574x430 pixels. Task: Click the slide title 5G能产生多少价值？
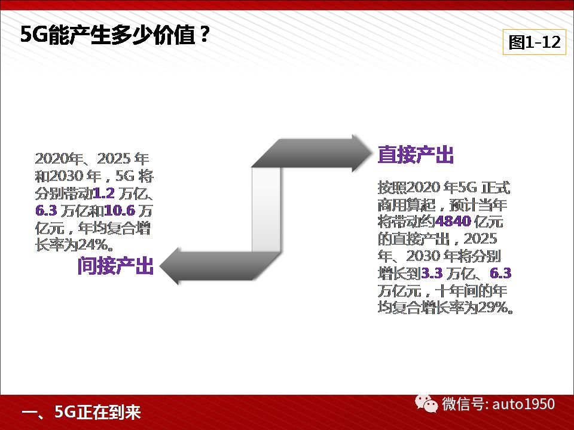(115, 35)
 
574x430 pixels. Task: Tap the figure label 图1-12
(535, 42)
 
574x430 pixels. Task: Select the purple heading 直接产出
(416, 154)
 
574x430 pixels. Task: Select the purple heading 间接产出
(115, 265)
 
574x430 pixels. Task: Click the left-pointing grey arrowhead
(170, 266)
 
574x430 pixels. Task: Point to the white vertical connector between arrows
(266, 210)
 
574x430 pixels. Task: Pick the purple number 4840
(453, 221)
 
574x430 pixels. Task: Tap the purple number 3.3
(432, 273)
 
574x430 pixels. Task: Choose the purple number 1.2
(104, 193)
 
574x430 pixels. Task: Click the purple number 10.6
(120, 211)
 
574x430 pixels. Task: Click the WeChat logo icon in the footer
(426, 404)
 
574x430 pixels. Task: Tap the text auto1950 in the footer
(524, 404)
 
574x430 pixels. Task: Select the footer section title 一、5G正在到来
(81, 412)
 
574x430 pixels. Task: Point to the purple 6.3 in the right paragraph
(500, 273)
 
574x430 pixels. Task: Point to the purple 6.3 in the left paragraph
(46, 211)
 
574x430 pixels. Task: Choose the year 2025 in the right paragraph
(480, 239)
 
